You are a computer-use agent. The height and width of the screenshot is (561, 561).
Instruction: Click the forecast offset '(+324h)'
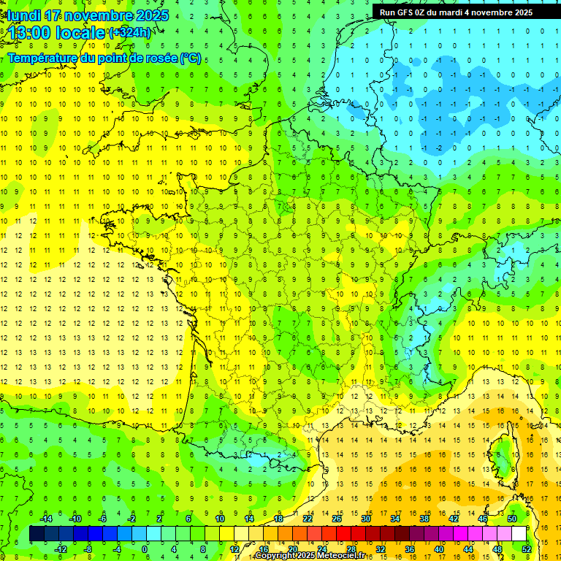pyautogui.click(x=129, y=33)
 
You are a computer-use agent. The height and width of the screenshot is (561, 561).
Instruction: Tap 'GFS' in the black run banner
pyautogui.click(x=408, y=12)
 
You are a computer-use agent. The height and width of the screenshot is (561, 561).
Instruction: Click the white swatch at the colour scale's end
pyautogui.click(x=519, y=534)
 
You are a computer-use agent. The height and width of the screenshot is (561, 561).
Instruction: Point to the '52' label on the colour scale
pyautogui.click(x=527, y=549)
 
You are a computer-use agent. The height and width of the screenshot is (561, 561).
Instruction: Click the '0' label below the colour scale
pyautogui.click(x=145, y=549)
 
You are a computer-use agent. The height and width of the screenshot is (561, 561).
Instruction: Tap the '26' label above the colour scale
pyautogui.click(x=337, y=519)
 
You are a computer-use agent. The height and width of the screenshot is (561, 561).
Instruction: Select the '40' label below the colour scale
pyautogui.click(x=438, y=549)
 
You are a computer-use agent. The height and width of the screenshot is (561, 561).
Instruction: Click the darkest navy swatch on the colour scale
pyautogui.click(x=37, y=534)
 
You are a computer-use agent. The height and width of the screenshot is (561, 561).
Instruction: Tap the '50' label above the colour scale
pyautogui.click(x=512, y=519)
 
